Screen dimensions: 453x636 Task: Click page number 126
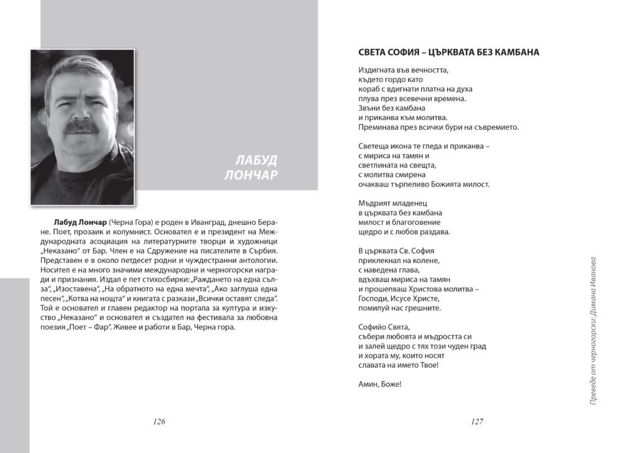click(159, 421)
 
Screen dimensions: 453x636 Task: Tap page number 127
click(477, 421)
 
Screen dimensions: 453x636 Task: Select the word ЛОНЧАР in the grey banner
click(251, 175)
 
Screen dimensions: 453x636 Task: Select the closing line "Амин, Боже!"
click(380, 384)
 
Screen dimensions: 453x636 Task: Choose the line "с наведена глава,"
click(391, 270)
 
